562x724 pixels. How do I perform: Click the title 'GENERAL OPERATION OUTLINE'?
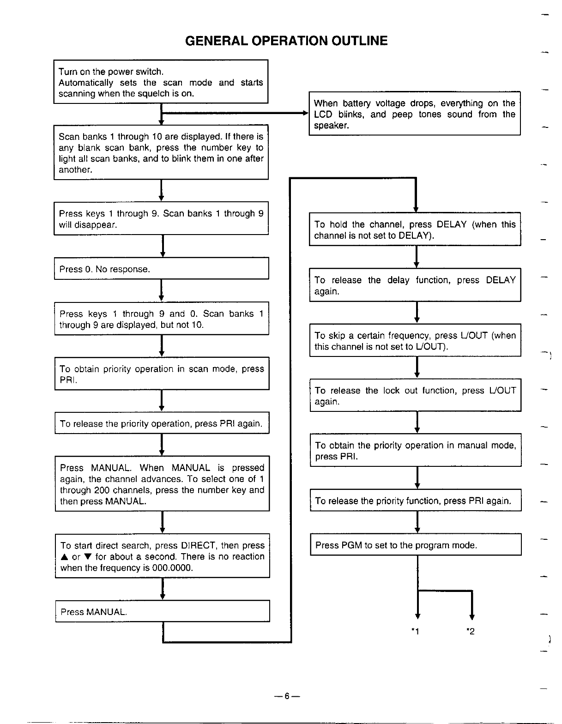tap(286, 41)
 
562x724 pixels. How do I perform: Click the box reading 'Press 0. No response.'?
tap(161, 269)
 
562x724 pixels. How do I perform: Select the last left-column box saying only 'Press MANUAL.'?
tap(162, 611)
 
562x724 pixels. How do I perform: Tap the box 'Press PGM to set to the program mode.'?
tap(416, 545)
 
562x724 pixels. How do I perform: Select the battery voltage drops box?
tap(414, 114)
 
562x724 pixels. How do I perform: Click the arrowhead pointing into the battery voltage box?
tap(305, 113)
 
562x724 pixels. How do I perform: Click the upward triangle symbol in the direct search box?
tap(64, 557)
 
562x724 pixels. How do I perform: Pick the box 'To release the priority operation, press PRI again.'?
tap(161, 423)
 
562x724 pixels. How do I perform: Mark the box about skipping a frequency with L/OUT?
tap(415, 341)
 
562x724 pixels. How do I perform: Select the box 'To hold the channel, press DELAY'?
tap(415, 229)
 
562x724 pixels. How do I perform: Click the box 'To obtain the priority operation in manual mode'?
tap(415, 451)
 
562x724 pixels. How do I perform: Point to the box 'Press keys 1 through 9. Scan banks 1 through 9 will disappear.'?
tap(161, 219)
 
